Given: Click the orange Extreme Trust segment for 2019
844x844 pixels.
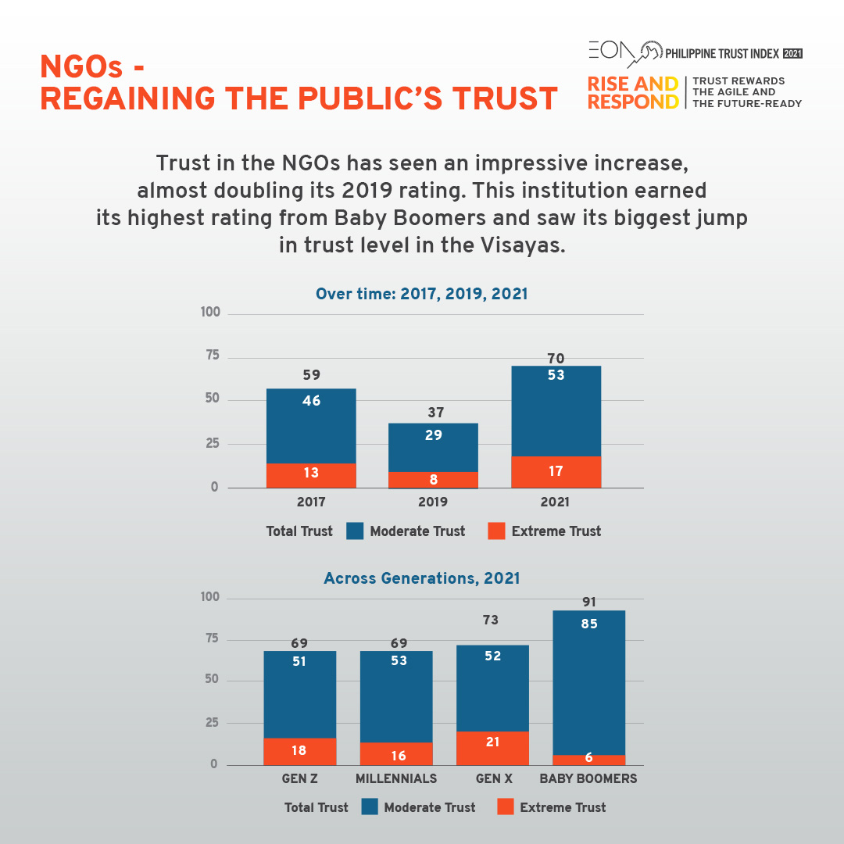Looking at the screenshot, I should tap(433, 480).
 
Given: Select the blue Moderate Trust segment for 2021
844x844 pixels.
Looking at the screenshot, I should tap(556, 411).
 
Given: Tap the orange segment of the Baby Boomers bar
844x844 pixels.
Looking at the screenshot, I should tap(589, 760).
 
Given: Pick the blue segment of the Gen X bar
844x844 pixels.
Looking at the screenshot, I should tap(492, 688).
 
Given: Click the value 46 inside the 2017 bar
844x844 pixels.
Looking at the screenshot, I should tap(311, 401).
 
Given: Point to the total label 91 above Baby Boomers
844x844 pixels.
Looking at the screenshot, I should tap(589, 603).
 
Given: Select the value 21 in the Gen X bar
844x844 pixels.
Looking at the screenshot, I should tap(492, 742).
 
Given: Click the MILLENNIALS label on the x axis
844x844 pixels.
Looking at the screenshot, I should tap(396, 779).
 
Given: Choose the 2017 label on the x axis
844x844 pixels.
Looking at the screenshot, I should tap(311, 502).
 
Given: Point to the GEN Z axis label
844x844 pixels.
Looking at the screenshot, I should tap(300, 779).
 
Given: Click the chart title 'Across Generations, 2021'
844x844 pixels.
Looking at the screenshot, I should tap(422, 579).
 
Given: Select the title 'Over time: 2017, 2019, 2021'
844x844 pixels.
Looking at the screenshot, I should tap(422, 295).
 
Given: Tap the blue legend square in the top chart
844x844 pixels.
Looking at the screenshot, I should tap(355, 531).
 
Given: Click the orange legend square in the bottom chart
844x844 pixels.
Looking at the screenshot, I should tap(506, 807).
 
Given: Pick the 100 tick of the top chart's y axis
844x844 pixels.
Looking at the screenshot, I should tap(211, 313).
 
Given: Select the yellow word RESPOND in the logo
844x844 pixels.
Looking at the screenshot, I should tap(633, 102).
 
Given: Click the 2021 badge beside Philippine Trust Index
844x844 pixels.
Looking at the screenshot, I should tap(792, 54).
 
